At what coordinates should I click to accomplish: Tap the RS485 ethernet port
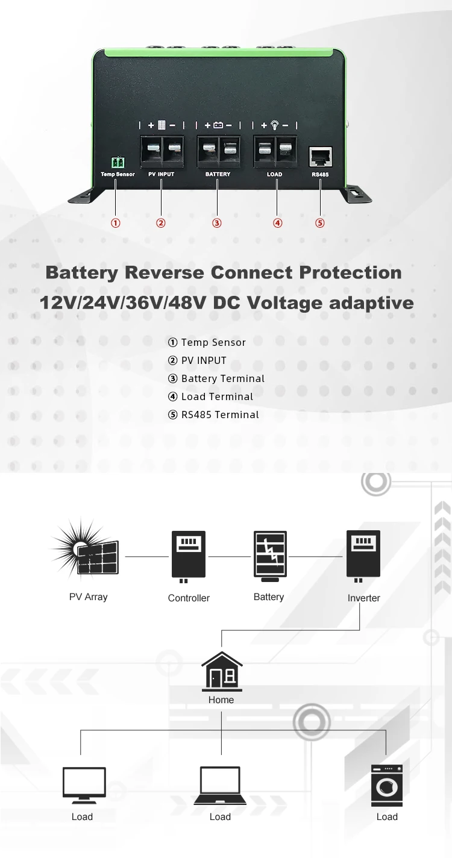[x=319, y=157]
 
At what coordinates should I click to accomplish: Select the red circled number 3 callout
[x=217, y=223]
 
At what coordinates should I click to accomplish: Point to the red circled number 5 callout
[x=319, y=223]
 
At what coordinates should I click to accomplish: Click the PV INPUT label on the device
[x=161, y=174]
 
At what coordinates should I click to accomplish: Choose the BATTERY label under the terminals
[x=218, y=174]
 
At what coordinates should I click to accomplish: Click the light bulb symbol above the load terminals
[x=275, y=125]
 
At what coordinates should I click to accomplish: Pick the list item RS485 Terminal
[x=220, y=415]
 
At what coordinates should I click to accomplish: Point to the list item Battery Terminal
[x=222, y=378]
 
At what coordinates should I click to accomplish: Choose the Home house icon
[x=222, y=672]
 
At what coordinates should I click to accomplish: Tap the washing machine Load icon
[x=386, y=785]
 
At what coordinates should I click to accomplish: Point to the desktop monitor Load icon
[x=84, y=784]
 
